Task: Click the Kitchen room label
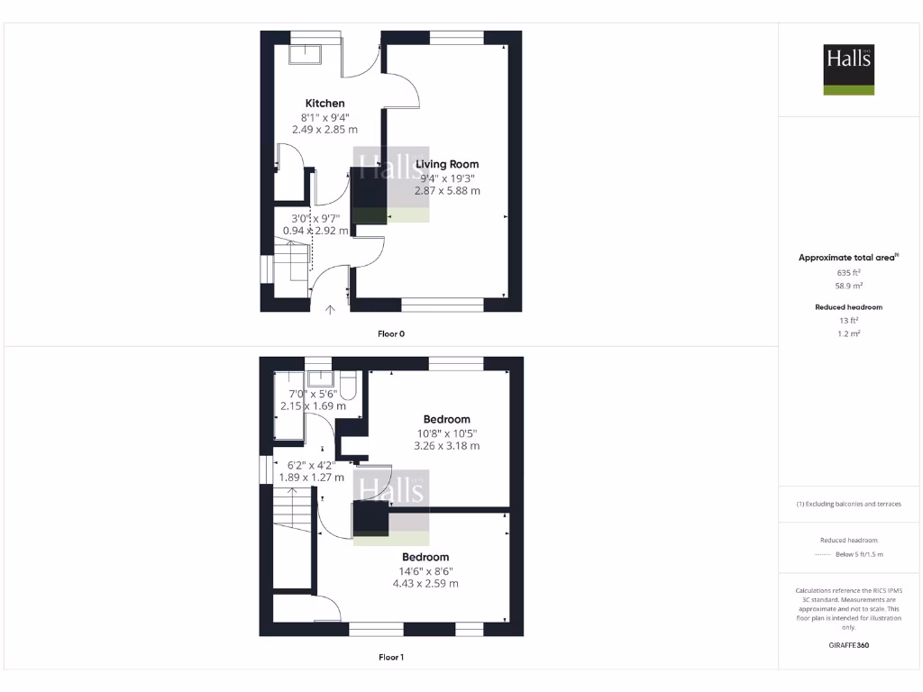[x=324, y=104]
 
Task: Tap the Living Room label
[x=447, y=164]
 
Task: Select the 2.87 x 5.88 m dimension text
[x=447, y=191]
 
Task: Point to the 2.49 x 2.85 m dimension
[x=324, y=130]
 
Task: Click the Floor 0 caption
[x=391, y=333]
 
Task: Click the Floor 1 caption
[x=391, y=658]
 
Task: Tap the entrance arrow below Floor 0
[x=330, y=310]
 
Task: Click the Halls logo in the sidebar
[x=849, y=70]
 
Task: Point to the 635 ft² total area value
[x=849, y=272]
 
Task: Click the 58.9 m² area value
[x=849, y=286]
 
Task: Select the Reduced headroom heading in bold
[x=849, y=307]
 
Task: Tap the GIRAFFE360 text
[x=849, y=645]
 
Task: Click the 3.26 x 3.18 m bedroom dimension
[x=447, y=446]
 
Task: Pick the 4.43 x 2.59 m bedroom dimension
[x=425, y=584]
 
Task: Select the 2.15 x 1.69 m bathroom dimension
[x=313, y=406]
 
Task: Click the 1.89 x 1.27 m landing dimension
[x=310, y=478]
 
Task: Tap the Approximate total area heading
[x=848, y=258]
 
